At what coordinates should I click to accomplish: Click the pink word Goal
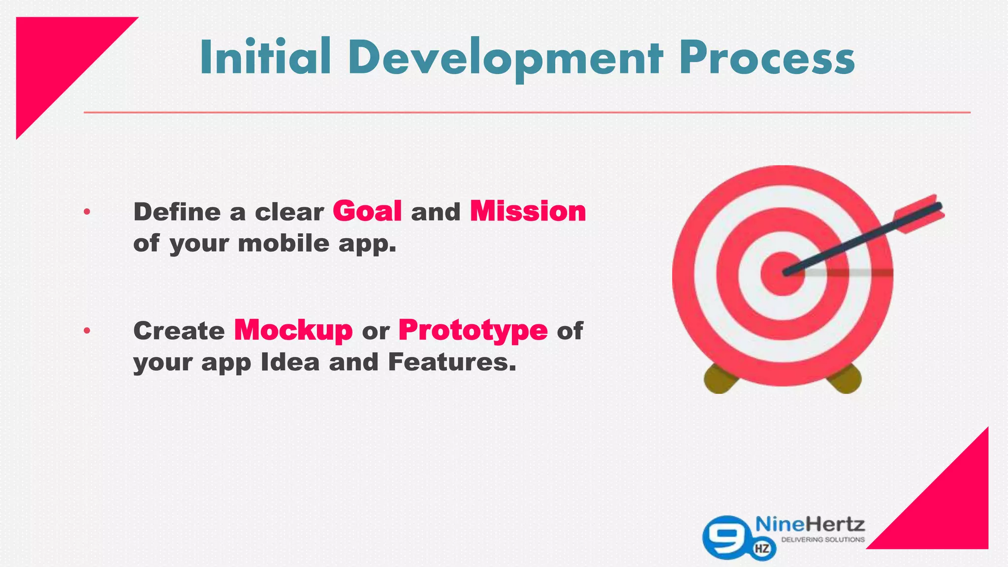click(367, 211)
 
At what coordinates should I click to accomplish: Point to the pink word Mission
click(528, 211)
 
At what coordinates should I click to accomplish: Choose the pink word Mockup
click(293, 330)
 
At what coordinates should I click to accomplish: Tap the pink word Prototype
click(472, 330)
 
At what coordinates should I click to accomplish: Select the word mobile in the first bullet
click(283, 243)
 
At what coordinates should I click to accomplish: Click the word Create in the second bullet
click(179, 331)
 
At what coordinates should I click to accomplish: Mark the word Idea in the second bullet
click(290, 362)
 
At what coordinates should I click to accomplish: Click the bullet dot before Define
click(87, 212)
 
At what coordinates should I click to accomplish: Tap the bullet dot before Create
click(87, 331)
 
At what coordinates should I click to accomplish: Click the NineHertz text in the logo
click(810, 524)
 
